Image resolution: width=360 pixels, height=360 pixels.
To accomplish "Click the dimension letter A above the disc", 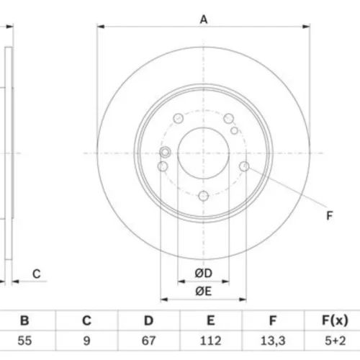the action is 204,19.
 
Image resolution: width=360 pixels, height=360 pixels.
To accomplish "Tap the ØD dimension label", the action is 204,273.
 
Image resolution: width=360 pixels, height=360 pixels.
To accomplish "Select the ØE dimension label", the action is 204,291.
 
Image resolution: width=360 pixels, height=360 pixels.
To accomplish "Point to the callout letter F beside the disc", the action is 330,215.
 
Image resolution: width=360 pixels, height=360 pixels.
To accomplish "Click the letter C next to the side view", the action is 37,274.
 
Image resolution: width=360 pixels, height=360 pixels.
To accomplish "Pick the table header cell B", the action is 24,320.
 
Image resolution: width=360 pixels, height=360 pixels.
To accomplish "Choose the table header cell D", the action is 148,320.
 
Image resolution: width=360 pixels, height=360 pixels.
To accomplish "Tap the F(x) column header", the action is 335,320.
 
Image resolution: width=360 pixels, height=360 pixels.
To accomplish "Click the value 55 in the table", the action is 24,341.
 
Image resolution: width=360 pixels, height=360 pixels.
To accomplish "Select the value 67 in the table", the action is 148,341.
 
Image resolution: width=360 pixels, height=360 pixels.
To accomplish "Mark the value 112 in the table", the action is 210,341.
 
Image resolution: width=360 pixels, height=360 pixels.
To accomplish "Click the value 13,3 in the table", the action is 273,341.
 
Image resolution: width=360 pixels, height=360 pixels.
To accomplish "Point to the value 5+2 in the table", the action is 336,341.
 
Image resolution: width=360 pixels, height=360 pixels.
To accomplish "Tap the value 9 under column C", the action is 86,341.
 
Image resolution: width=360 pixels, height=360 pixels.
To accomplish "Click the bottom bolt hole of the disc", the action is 204,196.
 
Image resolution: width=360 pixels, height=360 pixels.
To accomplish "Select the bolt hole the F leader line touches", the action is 244,166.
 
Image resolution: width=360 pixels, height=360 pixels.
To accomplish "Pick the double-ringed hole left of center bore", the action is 166,152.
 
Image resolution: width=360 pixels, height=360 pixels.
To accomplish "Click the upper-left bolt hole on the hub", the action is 179,118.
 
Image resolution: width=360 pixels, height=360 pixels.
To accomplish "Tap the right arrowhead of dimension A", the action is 306,27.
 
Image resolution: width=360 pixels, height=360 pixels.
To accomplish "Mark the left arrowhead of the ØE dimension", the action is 164,300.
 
